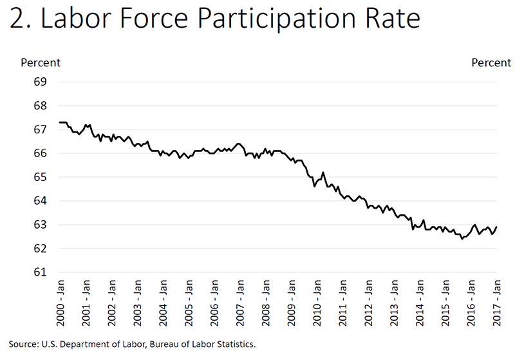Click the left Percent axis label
41,62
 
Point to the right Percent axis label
491,62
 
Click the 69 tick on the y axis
41,82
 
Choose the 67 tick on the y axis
41,129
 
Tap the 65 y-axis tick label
41,177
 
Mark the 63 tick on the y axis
41,225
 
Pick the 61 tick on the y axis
41,272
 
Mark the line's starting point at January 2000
59,122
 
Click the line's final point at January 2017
497,227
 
